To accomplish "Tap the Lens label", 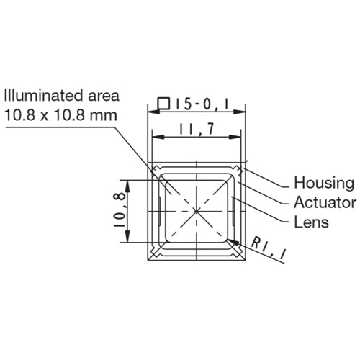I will click(312, 222).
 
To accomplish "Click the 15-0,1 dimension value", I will click(202, 104).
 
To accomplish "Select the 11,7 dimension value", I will click(197, 132).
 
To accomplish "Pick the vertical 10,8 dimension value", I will click(119, 210).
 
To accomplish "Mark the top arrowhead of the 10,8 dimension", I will click(129, 181).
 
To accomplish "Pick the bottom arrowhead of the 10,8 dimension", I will click(129, 240).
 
